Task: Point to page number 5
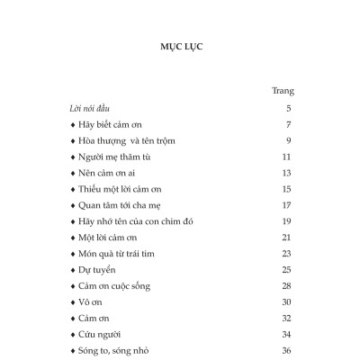tap(289, 108)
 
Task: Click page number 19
tap(287, 221)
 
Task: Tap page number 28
tap(287, 286)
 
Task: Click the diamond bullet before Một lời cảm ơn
tap(72, 238)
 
